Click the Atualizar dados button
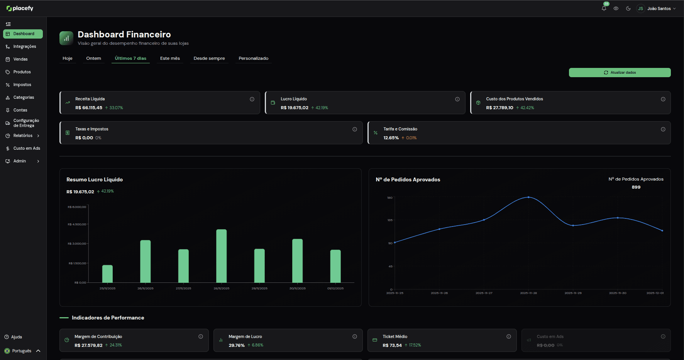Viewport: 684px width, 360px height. pyautogui.click(x=620, y=73)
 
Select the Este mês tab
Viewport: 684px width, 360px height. pyautogui.click(x=170, y=58)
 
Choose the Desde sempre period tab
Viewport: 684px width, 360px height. pyautogui.click(x=209, y=58)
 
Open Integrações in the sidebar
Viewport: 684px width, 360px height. pyautogui.click(x=24, y=47)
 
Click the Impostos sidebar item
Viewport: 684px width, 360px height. pyautogui.click(x=22, y=85)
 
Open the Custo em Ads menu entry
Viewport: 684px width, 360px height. pyautogui.click(x=26, y=149)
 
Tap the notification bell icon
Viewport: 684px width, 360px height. pyautogui.click(x=604, y=8)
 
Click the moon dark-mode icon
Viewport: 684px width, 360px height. pyautogui.click(x=628, y=8)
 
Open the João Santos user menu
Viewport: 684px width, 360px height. pyautogui.click(x=659, y=8)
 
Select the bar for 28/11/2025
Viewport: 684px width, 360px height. pyautogui.click(x=221, y=256)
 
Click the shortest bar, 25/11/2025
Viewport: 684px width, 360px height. pyautogui.click(x=107, y=274)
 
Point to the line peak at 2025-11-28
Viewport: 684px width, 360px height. pyautogui.click(x=528, y=197)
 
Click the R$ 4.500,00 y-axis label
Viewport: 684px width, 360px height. pyautogui.click(x=77, y=224)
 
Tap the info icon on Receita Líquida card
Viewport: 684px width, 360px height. pyautogui.click(x=252, y=99)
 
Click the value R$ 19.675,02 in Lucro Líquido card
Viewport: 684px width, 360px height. pyautogui.click(x=294, y=108)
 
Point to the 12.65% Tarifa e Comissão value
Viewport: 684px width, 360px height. pyautogui.click(x=391, y=138)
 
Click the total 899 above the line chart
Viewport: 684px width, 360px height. pyautogui.click(x=636, y=187)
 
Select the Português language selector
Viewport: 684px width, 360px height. pyautogui.click(x=22, y=351)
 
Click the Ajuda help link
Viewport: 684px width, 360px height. pyautogui.click(x=16, y=337)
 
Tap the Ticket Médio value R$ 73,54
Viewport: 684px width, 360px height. pyautogui.click(x=392, y=345)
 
